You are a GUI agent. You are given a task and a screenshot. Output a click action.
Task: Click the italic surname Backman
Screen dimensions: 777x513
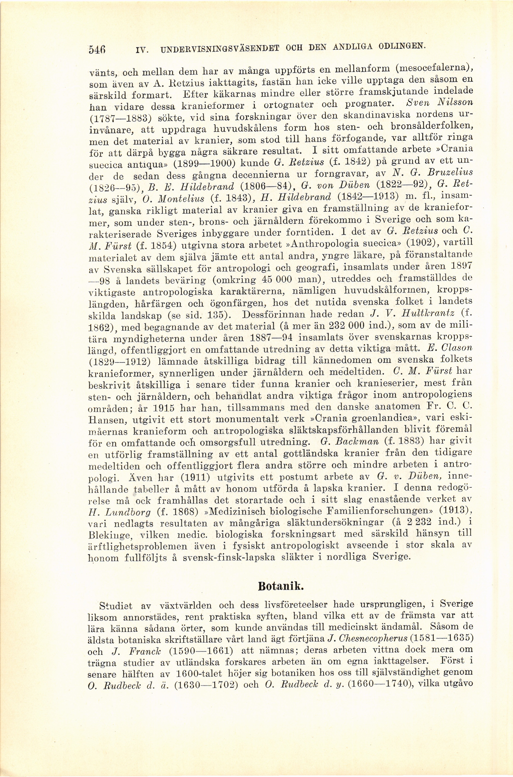pos(359,442)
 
